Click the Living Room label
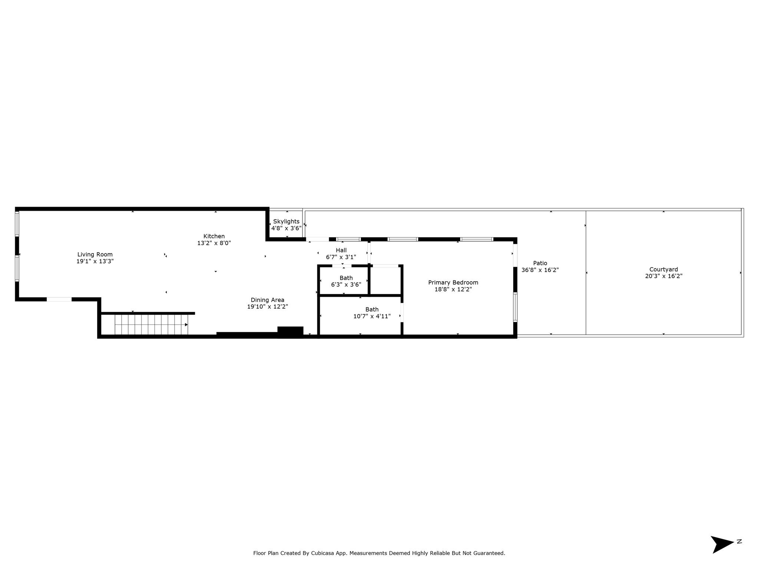pyautogui.click(x=95, y=254)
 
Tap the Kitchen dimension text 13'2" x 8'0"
pyautogui.click(x=214, y=243)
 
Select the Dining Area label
pyautogui.click(x=268, y=300)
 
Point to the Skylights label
pyautogui.click(x=286, y=222)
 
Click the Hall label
pyautogui.click(x=341, y=250)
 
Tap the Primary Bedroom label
pyautogui.click(x=453, y=283)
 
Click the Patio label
pyautogui.click(x=540, y=263)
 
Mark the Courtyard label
pyautogui.click(x=663, y=270)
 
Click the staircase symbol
pyautogui.click(x=151, y=325)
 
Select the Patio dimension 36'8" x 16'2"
pyautogui.click(x=540, y=270)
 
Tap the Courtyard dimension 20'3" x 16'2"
pyautogui.click(x=663, y=276)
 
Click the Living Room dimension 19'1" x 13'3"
pyautogui.click(x=95, y=261)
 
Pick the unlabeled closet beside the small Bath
pyautogui.click(x=386, y=280)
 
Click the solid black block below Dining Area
pyautogui.click(x=290, y=332)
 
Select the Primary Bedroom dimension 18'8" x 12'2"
pyautogui.click(x=453, y=289)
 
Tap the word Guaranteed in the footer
pyautogui.click(x=488, y=553)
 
